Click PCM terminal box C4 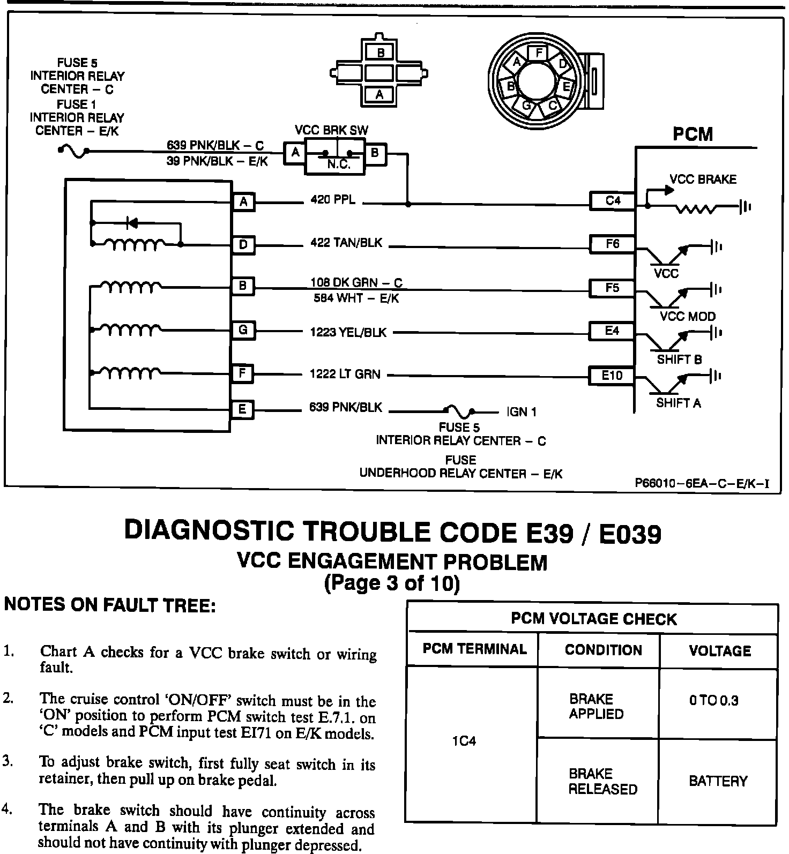coord(612,201)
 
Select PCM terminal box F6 coord(612,244)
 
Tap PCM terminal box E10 coord(612,376)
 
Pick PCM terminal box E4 coord(612,331)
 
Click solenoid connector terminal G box coord(243,330)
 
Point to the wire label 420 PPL coord(332,200)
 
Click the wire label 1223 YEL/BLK coord(348,333)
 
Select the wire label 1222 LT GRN coord(345,374)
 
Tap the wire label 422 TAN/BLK coord(346,243)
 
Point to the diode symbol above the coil coord(130,221)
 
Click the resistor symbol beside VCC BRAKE coord(695,208)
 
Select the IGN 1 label coord(521,412)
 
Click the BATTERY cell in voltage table coord(718,781)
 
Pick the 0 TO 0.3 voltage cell coord(714,701)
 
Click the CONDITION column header coord(603,650)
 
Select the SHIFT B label coord(679,359)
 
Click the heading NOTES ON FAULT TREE coord(110,605)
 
